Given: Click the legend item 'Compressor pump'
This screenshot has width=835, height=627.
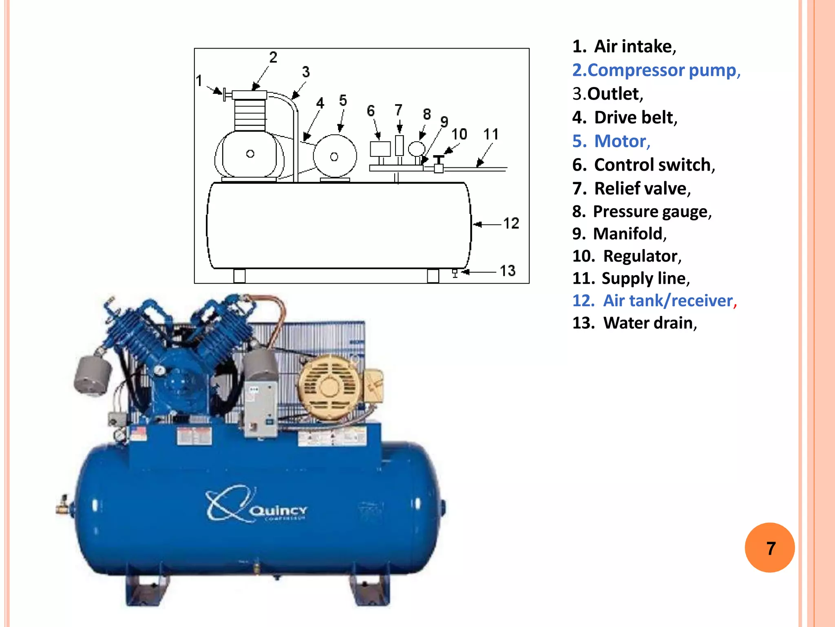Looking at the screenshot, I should point(656,70).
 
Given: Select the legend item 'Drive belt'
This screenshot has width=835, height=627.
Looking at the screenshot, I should point(625,118).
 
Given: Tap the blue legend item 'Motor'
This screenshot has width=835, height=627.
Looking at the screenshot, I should point(611,141).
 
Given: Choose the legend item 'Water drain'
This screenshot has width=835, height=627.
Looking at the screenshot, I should point(635,323).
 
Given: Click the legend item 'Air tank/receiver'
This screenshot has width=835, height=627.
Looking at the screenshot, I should point(654,300).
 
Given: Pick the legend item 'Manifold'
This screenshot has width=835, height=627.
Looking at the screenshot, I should point(619,234).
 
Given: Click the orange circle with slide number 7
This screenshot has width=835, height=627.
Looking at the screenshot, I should point(769,548).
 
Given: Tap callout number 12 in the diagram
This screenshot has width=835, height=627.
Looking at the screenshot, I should point(511,223).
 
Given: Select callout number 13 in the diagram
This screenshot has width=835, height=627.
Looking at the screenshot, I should point(508,271).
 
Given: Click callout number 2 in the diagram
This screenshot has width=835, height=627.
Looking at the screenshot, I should point(273,57).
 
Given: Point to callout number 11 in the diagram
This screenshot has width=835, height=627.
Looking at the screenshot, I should point(491,134).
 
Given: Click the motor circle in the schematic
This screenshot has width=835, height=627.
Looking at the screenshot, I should point(335,156).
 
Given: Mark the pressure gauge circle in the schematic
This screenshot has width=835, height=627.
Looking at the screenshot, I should point(417,149).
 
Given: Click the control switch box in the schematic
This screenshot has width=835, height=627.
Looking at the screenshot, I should point(380,149).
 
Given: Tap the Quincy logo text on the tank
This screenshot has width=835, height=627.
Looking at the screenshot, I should point(278,511).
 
